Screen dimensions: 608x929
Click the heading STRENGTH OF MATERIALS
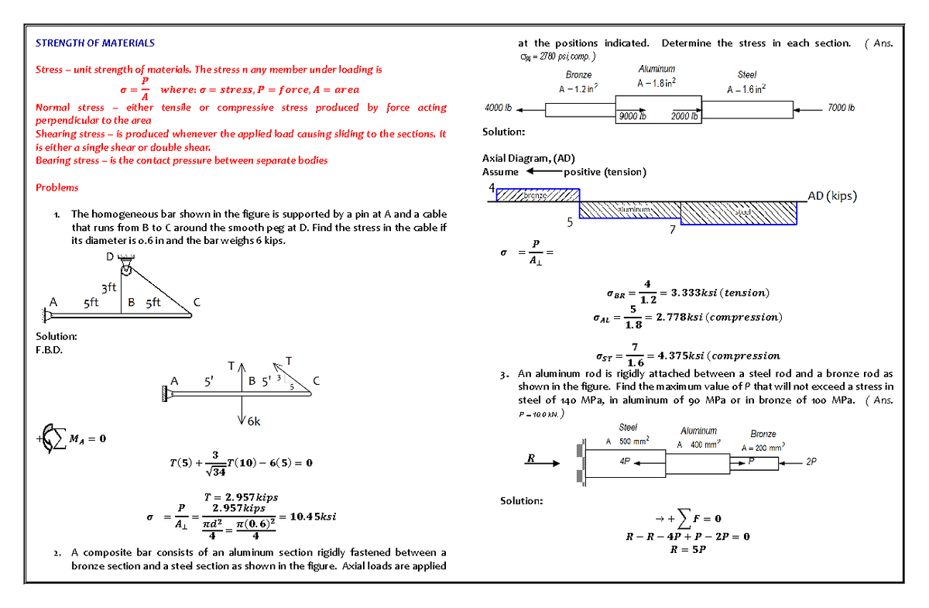[95, 43]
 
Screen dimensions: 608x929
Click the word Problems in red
[57, 187]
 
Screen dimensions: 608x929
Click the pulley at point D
[125, 268]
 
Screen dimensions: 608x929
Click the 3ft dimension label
[108, 288]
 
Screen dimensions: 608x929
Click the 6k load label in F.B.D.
[253, 422]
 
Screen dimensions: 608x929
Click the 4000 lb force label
[498, 107]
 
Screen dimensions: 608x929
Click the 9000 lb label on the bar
[632, 116]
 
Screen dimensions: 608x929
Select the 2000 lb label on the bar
[685, 116]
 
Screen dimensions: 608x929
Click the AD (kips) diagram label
[832, 196]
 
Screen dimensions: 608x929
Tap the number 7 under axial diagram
[672, 230]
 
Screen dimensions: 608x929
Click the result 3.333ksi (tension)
[720, 293]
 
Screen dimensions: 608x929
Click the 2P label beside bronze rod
[811, 462]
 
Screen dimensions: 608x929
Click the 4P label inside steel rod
[625, 460]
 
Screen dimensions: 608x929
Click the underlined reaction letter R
[531, 458]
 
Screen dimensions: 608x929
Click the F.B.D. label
[50, 350]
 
